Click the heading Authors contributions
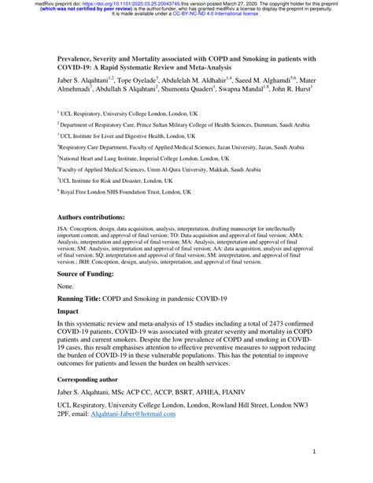[x=91, y=216]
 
